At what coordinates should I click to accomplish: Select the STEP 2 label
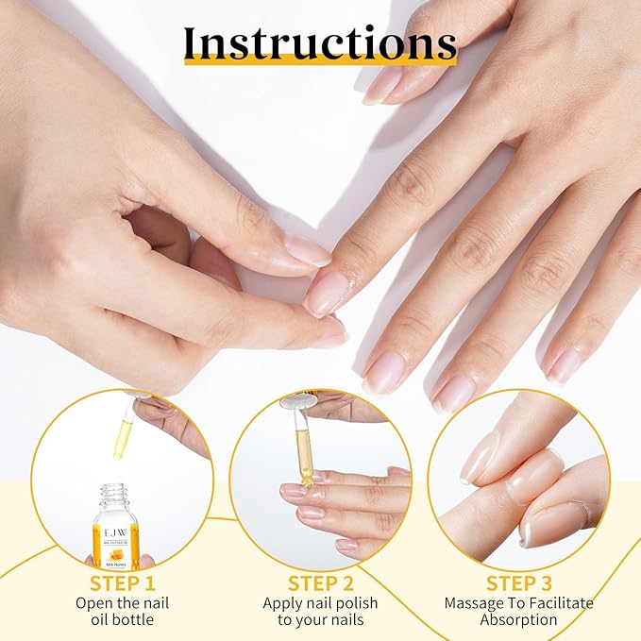320,583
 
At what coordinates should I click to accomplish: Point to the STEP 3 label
518,583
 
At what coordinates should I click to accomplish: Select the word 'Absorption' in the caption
519,620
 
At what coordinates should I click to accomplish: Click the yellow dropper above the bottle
123,437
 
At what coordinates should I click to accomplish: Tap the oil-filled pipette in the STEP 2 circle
301,444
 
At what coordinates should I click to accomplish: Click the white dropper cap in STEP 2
297,401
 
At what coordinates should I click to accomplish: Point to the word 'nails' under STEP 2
342,620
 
